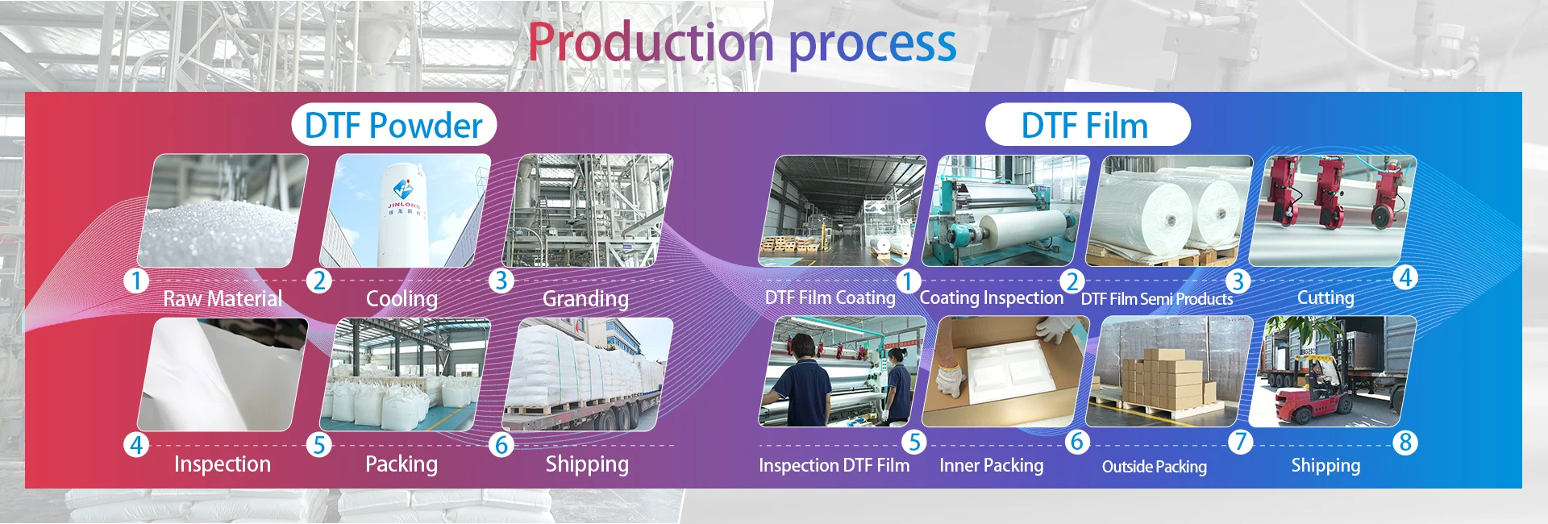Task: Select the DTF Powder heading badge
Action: (394, 125)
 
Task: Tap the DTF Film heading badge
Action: (1088, 125)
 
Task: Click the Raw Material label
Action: (223, 299)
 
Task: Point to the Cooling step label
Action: (402, 299)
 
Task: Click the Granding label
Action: (585, 299)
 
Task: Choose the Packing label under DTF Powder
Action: (402, 464)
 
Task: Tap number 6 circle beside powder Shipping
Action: (501, 444)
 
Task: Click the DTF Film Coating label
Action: (830, 297)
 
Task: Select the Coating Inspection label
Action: (992, 297)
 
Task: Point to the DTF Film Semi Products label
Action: (1157, 299)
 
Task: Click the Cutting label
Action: (1325, 297)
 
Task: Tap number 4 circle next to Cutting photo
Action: (1405, 278)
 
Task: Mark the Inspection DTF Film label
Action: (834, 465)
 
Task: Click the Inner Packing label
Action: (991, 465)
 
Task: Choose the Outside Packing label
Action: (1155, 467)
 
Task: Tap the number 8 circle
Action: (1405, 443)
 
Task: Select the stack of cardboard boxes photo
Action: (1168, 372)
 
